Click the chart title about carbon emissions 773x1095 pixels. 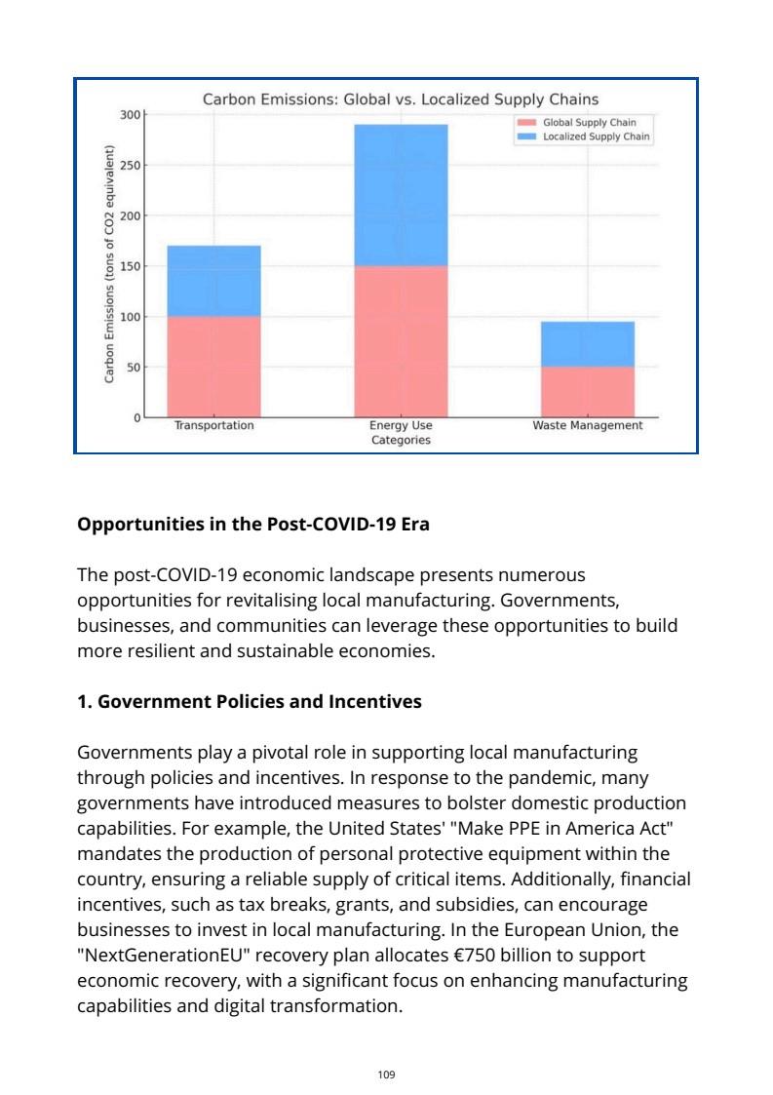(400, 99)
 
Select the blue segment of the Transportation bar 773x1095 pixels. (213, 281)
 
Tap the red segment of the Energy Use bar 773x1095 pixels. (401, 341)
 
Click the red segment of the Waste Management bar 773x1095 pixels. (587, 392)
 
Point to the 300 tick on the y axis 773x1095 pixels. (130, 114)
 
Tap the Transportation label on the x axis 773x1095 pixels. (213, 426)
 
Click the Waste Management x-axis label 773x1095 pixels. (587, 426)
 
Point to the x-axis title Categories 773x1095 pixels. (401, 441)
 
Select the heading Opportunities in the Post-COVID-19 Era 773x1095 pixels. (253, 524)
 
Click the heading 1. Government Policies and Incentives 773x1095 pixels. (249, 701)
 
